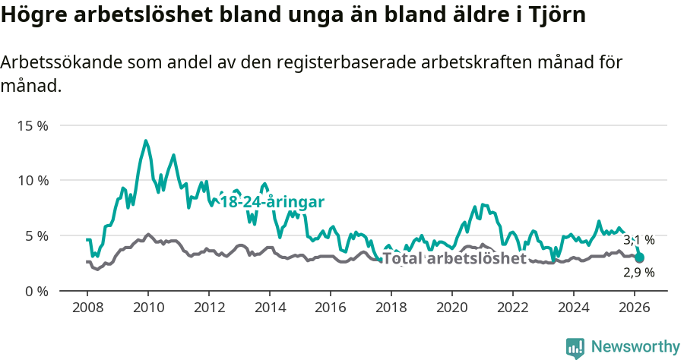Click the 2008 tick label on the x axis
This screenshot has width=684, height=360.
coord(87,308)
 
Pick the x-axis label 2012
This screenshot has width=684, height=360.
coord(209,308)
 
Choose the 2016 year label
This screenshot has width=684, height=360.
coord(331,308)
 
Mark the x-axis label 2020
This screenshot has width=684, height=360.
coord(452,308)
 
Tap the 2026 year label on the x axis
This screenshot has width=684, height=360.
coord(635,308)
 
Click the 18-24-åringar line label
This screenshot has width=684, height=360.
coord(272,202)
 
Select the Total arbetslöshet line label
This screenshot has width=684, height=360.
coord(454,258)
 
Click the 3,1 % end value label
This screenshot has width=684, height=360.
coord(638,240)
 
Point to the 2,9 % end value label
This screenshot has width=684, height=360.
coord(638,272)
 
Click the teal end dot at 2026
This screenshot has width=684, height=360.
coord(639,257)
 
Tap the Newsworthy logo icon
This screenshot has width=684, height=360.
coord(575,348)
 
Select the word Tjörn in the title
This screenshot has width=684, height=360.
coord(559,16)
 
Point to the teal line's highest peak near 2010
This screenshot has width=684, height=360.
coord(146,141)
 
